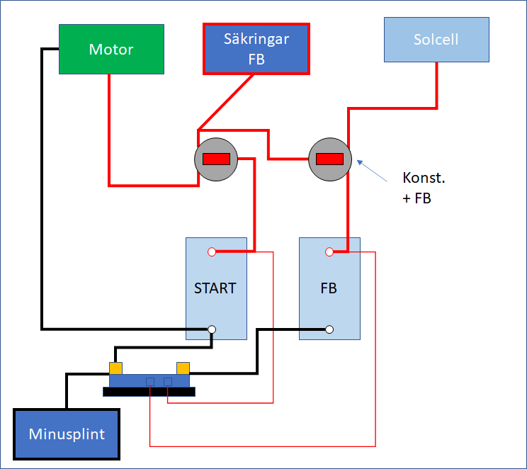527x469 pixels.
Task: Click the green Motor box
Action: coord(111,50)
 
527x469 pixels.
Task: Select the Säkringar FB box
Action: coord(256,49)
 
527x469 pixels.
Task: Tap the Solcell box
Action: coord(436,39)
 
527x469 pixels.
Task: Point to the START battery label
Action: coord(215,288)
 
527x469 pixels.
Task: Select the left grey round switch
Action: coord(216,159)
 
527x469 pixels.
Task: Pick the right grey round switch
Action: coord(330,159)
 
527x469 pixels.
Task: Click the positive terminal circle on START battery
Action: coord(212,252)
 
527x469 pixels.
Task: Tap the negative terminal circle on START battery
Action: coord(212,329)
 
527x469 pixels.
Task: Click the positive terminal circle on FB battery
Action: coord(329,252)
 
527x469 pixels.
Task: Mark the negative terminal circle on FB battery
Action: coord(329,329)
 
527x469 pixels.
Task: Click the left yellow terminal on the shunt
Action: coord(115,368)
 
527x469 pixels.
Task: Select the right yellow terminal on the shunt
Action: coord(183,368)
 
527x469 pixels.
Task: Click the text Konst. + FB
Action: coord(424,188)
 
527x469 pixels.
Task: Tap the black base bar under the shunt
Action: coord(149,392)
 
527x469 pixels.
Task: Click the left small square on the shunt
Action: coord(150,382)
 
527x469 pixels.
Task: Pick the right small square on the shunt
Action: coord(168,382)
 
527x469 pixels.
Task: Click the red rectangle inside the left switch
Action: coord(216,159)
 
